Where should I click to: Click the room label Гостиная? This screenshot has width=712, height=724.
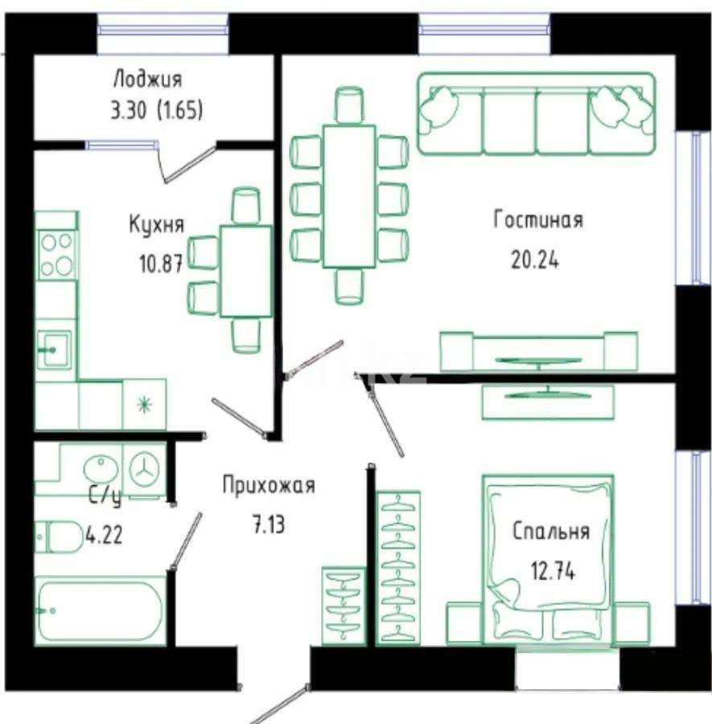[x=537, y=220]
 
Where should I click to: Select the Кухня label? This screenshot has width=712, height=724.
[x=156, y=224]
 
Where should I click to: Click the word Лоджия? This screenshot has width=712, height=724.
[x=147, y=79]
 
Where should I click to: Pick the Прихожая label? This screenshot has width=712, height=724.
[x=268, y=485]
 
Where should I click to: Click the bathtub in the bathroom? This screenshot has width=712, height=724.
[x=100, y=611]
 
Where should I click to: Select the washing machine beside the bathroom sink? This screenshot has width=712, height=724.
[x=145, y=468]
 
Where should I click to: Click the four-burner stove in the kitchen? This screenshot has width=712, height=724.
[x=57, y=254]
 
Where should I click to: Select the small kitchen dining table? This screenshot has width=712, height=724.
[x=245, y=271]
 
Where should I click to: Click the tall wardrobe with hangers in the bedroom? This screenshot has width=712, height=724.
[x=397, y=566]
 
